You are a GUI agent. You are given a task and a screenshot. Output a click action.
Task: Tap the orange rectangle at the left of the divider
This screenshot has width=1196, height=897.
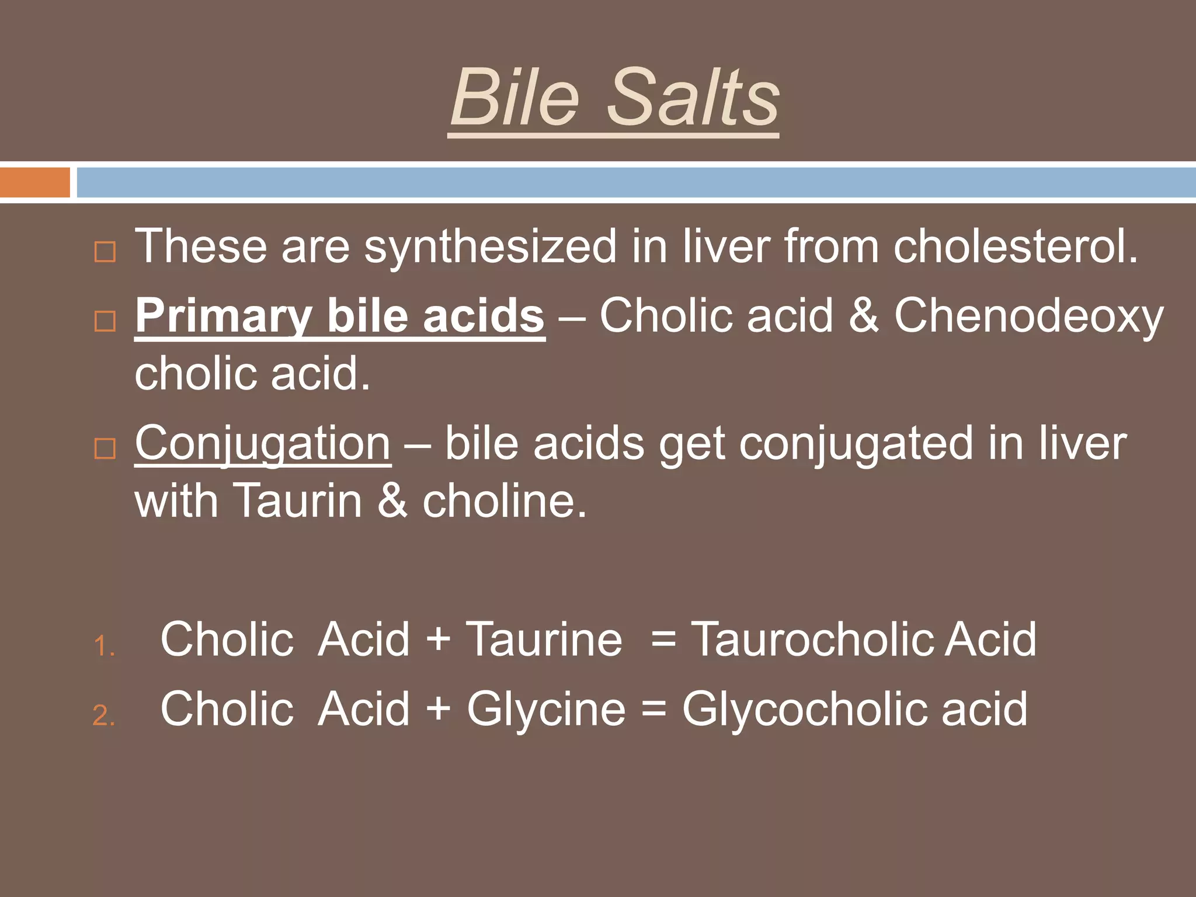(x=35, y=182)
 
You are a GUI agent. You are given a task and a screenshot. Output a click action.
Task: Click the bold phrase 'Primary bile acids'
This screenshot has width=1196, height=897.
(x=340, y=316)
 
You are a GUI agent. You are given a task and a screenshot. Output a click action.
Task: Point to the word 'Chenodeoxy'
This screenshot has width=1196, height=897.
(x=1028, y=316)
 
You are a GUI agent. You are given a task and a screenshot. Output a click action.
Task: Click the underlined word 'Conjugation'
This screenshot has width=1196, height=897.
(x=263, y=443)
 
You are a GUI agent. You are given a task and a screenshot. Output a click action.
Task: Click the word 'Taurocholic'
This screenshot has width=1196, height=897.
(x=814, y=639)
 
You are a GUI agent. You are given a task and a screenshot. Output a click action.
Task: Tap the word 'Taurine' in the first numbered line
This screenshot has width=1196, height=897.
(x=544, y=639)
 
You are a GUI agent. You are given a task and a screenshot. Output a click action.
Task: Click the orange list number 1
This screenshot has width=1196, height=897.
(x=104, y=646)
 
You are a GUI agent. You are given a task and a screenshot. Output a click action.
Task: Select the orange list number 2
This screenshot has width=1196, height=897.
(x=104, y=716)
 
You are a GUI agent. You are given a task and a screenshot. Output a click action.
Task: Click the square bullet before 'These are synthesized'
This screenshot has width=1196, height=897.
(x=105, y=252)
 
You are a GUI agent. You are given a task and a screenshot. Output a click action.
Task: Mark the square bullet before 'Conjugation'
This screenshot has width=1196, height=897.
(x=105, y=448)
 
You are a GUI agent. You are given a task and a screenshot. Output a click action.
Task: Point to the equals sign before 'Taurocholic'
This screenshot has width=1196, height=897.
(x=663, y=639)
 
